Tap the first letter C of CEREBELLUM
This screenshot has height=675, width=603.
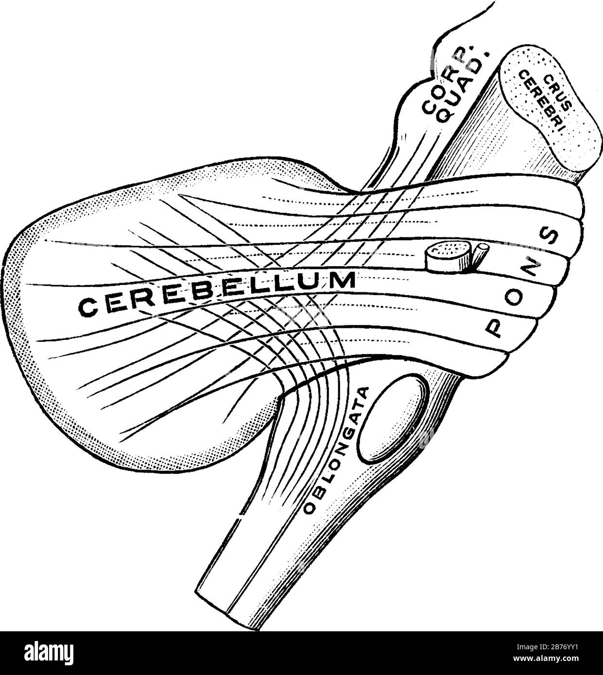click(88, 307)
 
